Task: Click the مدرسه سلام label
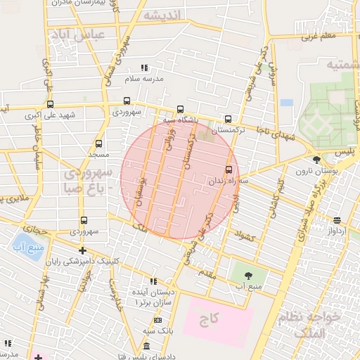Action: pyautogui.click(x=145, y=79)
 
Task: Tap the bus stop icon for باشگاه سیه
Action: pyautogui.click(x=181, y=109)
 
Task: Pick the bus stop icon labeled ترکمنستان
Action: pyautogui.click(x=227, y=120)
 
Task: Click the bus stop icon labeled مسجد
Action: pyautogui.click(x=98, y=143)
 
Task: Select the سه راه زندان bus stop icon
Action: pyautogui.click(x=229, y=169)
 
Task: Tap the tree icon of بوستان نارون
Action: pyautogui.click(x=317, y=160)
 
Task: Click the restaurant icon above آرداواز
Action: pyautogui.click(x=337, y=220)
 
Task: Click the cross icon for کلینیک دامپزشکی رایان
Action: pyautogui.click(x=83, y=250)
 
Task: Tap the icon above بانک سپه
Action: pyautogui.click(x=154, y=320)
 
